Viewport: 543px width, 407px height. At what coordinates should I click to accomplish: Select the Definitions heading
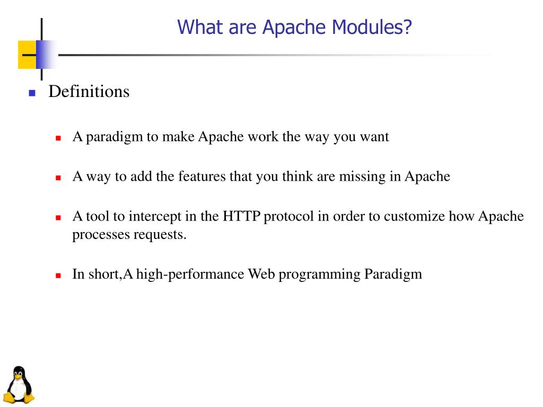tap(89, 92)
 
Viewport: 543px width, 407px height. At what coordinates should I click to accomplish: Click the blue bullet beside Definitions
tap(32, 93)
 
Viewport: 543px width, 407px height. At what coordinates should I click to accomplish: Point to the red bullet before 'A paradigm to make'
tap(59, 138)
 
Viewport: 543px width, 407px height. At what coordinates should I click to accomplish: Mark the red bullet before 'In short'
tap(59, 276)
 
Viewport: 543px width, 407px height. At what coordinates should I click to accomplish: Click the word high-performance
tap(190, 275)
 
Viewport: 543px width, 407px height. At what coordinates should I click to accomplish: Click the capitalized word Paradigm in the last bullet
tap(393, 275)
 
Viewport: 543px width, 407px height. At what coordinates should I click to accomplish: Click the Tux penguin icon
tap(19, 385)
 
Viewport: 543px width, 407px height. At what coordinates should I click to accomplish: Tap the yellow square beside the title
tap(27, 55)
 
